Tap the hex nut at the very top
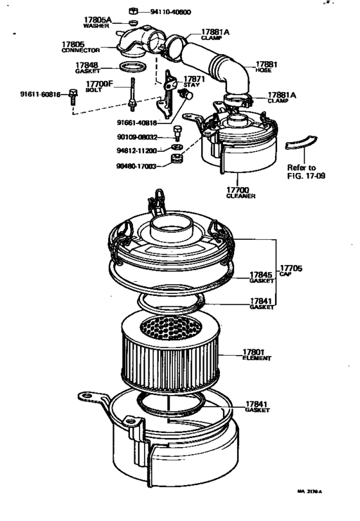pos(132,11)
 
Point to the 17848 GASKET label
pos(87,68)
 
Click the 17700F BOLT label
pos(100,86)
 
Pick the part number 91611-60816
pos(40,95)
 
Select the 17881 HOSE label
pos(265,67)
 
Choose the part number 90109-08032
pos(136,137)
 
